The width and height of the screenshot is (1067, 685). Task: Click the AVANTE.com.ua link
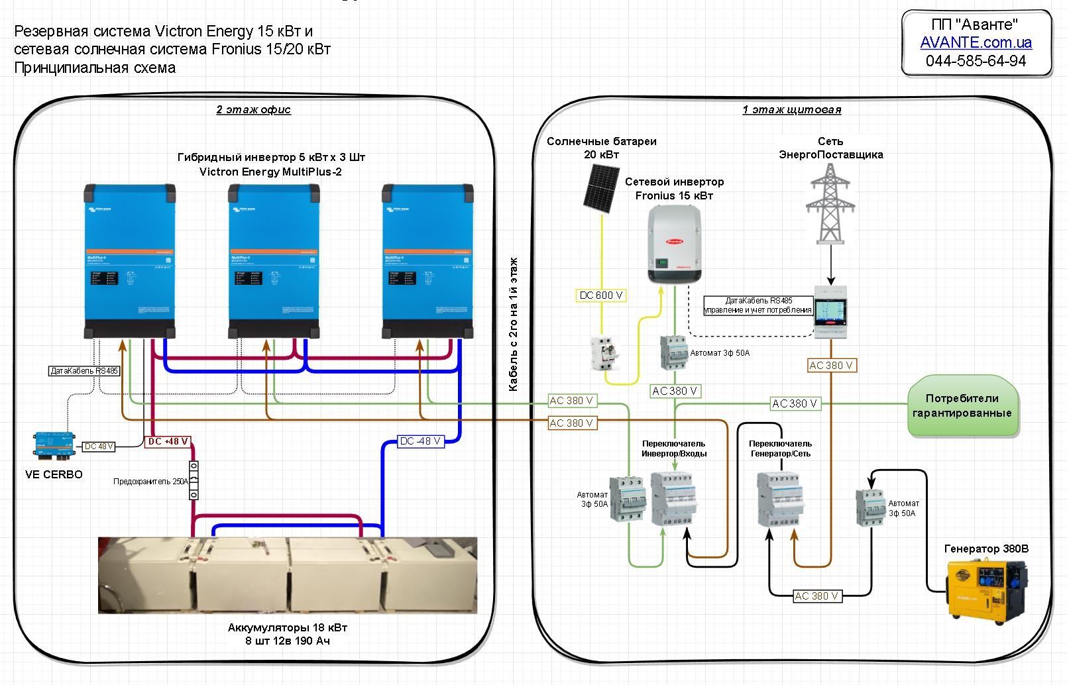coord(976,42)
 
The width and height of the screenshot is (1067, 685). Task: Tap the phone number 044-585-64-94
coord(976,61)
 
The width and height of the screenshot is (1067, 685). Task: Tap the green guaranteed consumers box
coord(962,406)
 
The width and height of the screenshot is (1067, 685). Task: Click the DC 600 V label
coord(601,295)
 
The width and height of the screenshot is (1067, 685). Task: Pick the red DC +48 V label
coord(168,441)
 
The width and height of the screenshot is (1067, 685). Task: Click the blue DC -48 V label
coord(420,441)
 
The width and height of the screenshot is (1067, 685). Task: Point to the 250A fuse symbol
coord(194,480)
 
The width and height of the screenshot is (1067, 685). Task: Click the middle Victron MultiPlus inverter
coord(274,261)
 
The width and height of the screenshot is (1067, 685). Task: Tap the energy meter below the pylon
coord(830,311)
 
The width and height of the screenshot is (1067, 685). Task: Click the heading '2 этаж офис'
coord(253,109)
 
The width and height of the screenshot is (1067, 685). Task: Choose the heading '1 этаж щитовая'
coord(791,109)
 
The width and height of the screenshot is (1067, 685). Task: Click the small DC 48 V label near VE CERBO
coord(98,447)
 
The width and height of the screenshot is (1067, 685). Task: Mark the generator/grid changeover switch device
coord(781,499)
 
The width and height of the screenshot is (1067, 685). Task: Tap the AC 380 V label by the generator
coord(816,596)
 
